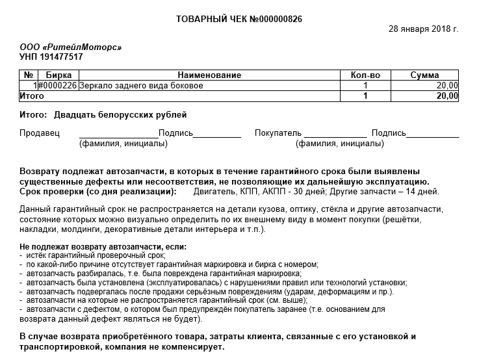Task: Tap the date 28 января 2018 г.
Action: click(x=423, y=29)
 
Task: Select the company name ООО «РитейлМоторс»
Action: click(x=71, y=47)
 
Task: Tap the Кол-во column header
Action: click(x=365, y=75)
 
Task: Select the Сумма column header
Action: click(x=425, y=75)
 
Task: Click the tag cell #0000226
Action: click(x=58, y=85)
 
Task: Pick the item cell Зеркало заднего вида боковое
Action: click(x=141, y=85)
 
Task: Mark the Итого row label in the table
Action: click(x=32, y=96)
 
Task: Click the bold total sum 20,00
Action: click(x=447, y=96)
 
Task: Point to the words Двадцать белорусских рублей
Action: click(x=120, y=115)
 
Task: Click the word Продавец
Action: click(x=40, y=133)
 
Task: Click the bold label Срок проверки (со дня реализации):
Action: click(x=98, y=192)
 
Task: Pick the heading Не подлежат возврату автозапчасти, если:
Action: click(x=103, y=247)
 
